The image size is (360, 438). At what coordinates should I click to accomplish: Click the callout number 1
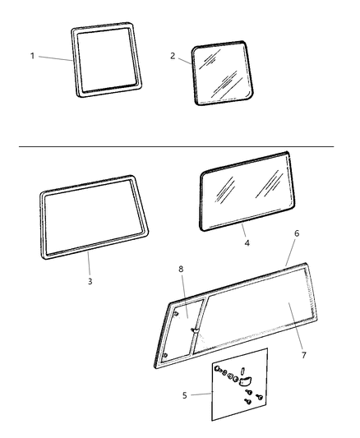tap(33, 56)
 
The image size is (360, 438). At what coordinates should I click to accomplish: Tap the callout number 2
tap(173, 56)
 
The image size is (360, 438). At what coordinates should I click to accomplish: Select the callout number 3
tap(90, 281)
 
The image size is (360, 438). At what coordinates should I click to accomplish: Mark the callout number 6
tap(296, 234)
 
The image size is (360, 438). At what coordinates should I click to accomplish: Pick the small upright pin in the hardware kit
tap(249, 371)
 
